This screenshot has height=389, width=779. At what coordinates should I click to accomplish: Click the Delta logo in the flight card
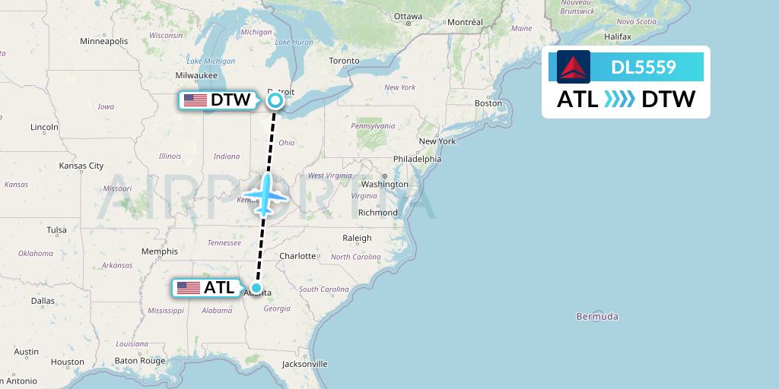574,67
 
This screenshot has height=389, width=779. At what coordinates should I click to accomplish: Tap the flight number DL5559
644,67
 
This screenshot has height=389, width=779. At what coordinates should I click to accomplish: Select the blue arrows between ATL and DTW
619,100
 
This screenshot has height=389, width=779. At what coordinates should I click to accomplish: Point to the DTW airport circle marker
275,100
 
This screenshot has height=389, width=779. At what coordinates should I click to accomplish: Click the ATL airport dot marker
257,288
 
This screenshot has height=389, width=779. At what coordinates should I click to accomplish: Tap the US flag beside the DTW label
196,100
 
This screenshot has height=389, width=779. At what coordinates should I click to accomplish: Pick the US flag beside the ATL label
188,288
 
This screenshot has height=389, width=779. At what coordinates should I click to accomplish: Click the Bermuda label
597,316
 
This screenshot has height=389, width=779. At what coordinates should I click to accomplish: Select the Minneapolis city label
103,41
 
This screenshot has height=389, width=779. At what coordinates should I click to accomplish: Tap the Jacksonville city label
304,364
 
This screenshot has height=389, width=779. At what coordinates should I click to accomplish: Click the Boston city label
488,103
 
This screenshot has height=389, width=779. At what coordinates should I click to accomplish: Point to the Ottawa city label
408,16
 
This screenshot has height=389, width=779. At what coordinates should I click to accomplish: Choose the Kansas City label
81,165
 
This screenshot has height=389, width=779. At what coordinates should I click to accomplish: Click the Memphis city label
160,251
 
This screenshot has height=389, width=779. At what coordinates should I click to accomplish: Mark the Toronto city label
344,60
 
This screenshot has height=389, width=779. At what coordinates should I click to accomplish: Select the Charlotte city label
297,256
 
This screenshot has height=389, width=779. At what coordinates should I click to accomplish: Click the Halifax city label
618,36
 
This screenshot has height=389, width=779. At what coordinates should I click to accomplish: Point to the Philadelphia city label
417,159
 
